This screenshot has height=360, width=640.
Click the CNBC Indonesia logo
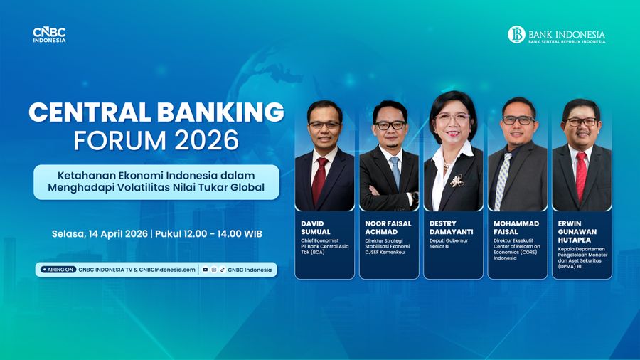tap(49, 35)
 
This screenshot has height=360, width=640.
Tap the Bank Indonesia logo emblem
tap(516, 34)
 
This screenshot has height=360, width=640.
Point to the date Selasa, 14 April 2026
tap(99, 233)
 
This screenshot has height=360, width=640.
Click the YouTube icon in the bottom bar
tap(206, 270)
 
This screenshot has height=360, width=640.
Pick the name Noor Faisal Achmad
tap(388, 228)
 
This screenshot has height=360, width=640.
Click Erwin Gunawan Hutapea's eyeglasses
tap(582, 122)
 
